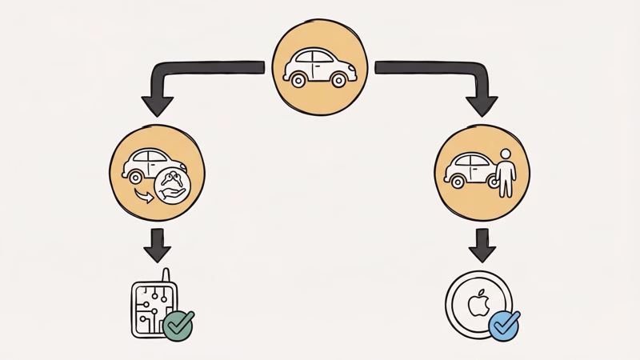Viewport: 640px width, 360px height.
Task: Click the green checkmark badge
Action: point(178,325)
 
